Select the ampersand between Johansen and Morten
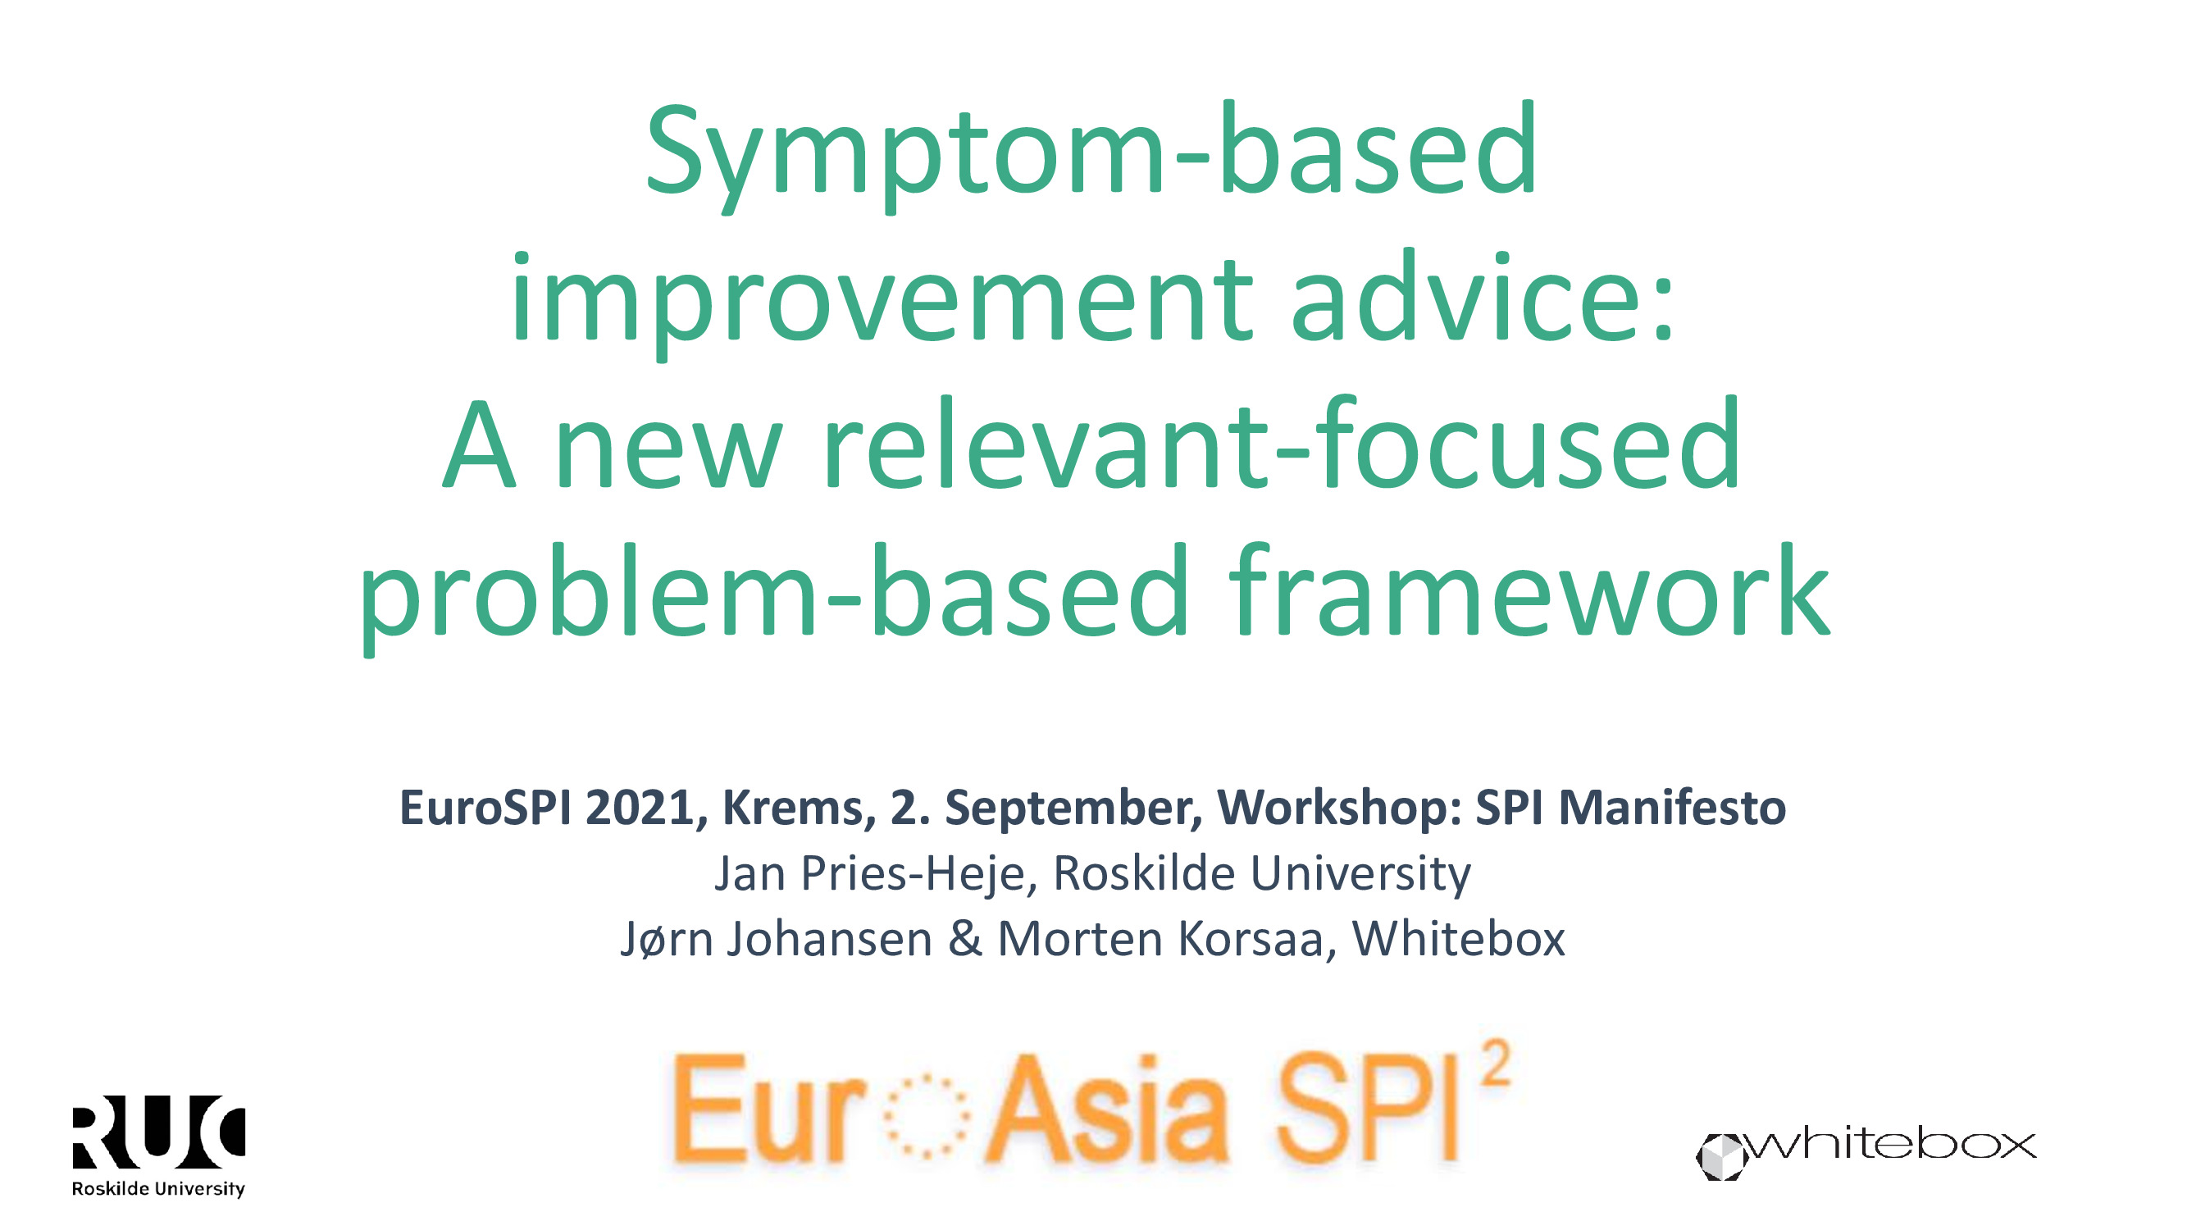965,939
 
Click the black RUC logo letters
159,1132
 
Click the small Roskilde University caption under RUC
159,1188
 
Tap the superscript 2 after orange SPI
1496,1064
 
